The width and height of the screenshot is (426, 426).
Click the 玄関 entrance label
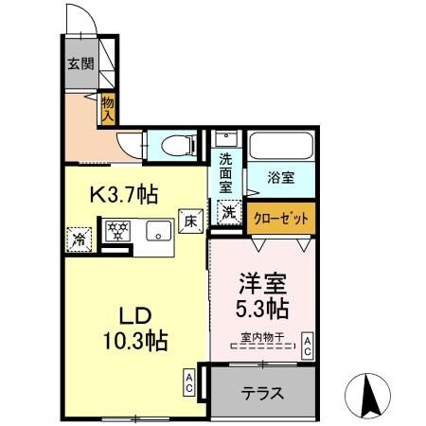click(x=80, y=64)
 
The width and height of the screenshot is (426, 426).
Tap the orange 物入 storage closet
click(x=107, y=106)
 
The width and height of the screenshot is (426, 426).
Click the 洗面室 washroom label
click(x=226, y=172)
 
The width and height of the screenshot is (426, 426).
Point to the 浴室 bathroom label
click(x=280, y=175)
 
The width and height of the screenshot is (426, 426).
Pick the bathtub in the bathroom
click(x=281, y=147)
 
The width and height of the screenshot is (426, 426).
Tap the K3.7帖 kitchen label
click(x=123, y=195)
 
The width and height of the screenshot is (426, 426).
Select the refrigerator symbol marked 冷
click(x=80, y=239)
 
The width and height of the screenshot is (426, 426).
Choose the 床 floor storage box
click(x=189, y=221)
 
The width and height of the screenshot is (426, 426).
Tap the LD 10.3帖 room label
click(x=135, y=328)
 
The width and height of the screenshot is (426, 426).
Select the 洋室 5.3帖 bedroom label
click(x=260, y=295)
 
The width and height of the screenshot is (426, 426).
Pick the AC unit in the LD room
click(x=189, y=383)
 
